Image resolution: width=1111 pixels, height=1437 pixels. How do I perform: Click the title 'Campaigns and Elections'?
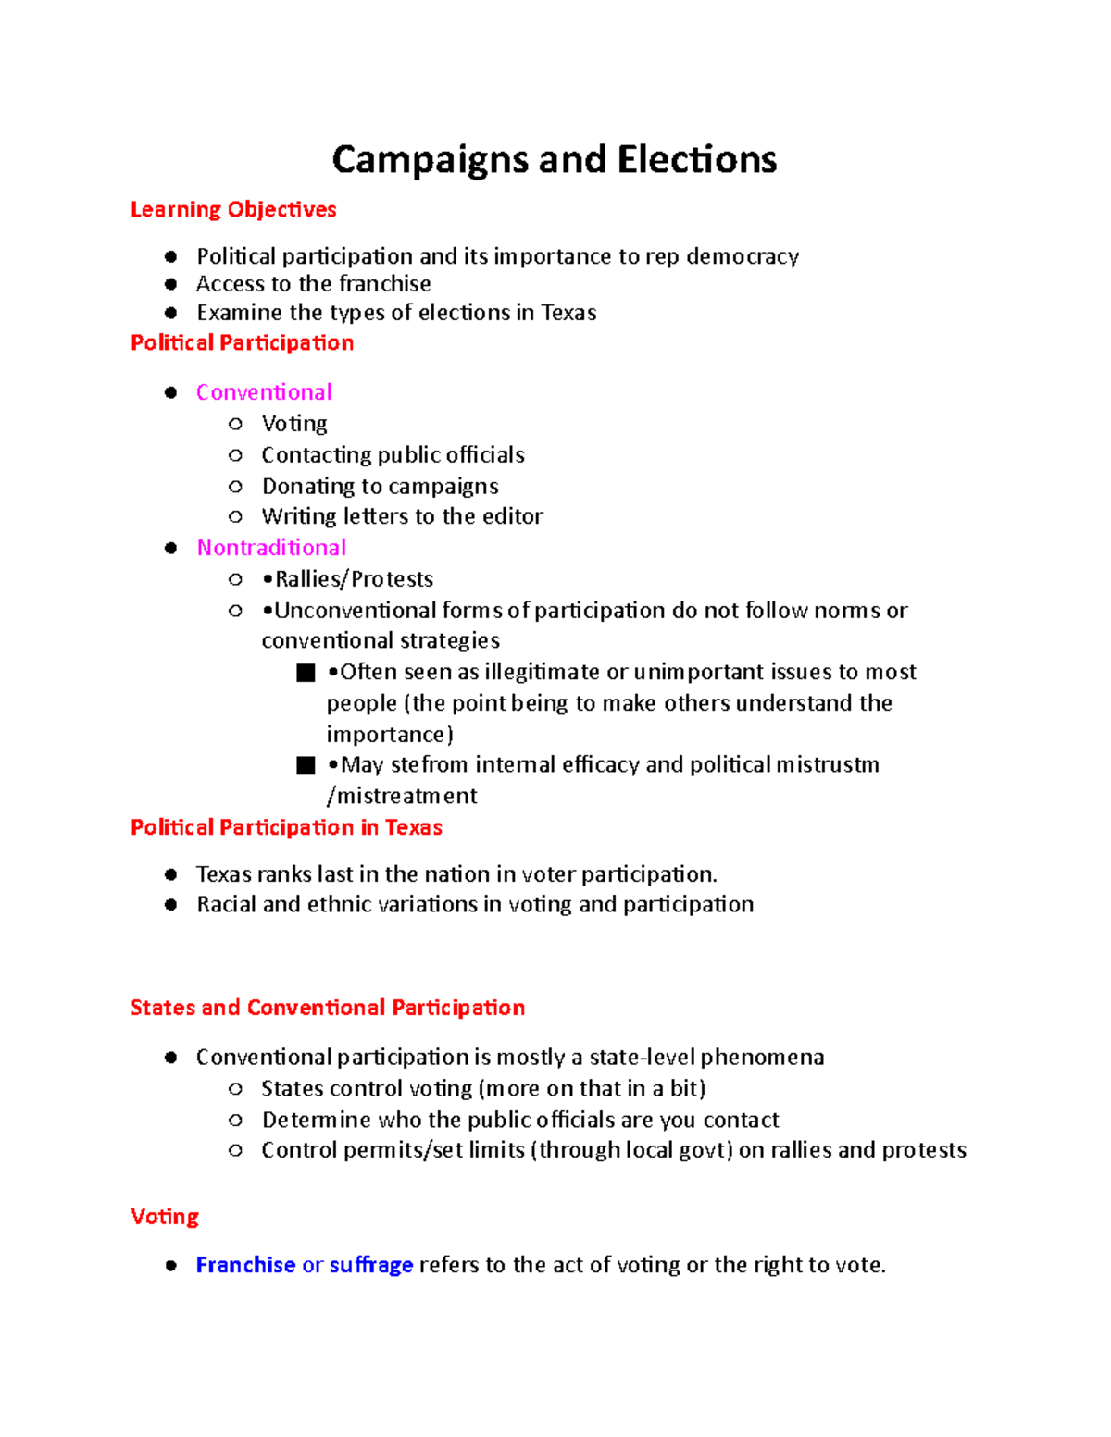[554, 159]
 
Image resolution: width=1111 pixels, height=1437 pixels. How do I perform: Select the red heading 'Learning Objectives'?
[233, 210]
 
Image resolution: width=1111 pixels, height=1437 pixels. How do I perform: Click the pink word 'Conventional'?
[264, 392]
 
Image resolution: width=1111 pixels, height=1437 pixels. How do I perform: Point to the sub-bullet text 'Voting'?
[294, 424]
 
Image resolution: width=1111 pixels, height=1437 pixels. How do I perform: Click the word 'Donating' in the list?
[304, 487]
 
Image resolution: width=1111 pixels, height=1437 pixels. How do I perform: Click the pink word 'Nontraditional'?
[271, 548]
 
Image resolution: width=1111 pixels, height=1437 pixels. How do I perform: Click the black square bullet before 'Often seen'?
[306, 673]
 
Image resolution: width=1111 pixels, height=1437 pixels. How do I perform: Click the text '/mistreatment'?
[402, 796]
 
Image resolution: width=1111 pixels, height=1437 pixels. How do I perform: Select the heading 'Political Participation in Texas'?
[286, 827]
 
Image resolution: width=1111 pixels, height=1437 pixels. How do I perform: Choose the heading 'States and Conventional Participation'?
[328, 1008]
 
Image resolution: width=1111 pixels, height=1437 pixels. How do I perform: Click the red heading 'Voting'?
[165, 1217]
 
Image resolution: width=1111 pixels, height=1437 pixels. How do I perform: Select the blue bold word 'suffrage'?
[371, 1265]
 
